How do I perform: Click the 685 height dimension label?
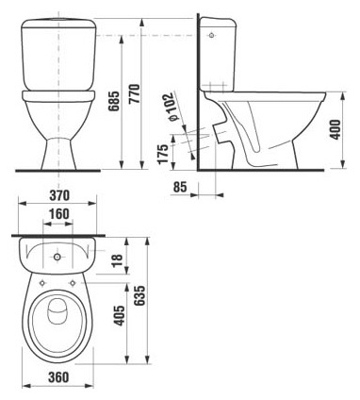(114, 101)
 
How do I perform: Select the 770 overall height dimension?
(135, 93)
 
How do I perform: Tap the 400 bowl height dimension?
(335, 129)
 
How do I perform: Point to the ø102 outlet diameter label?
(172, 107)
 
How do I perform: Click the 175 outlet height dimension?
(163, 155)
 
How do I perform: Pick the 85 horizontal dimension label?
(180, 187)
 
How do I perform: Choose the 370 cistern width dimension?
(59, 195)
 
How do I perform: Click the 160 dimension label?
(59, 214)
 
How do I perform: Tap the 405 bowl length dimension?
(120, 315)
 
